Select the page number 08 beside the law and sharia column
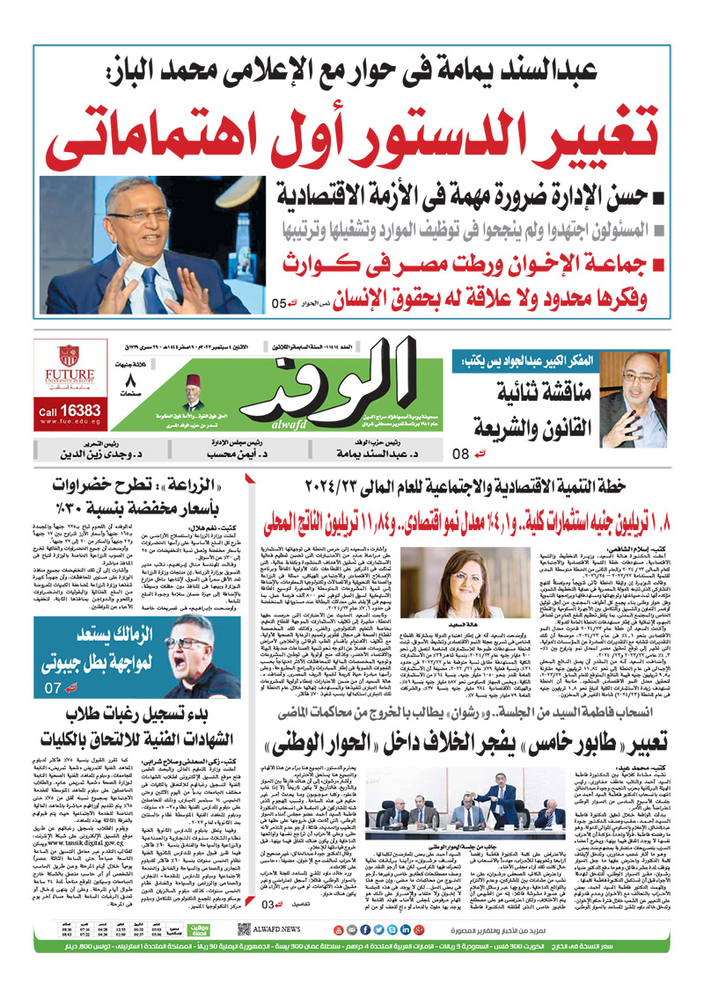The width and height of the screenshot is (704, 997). (x=464, y=455)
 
